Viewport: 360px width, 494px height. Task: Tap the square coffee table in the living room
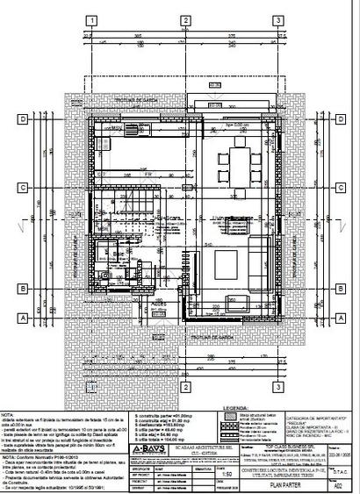(220, 261)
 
